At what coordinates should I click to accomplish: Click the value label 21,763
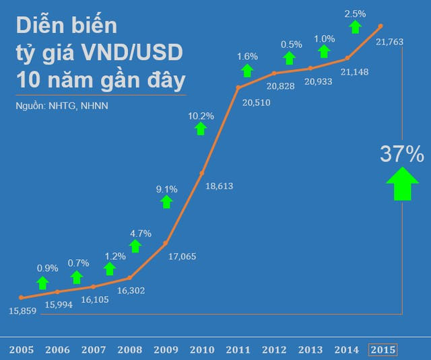coord(391,42)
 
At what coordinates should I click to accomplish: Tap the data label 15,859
coord(23,311)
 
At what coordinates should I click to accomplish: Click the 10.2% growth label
coord(201,116)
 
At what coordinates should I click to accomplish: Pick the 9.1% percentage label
coord(166,189)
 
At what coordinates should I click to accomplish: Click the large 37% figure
coord(401,154)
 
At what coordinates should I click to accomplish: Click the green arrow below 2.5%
coord(355,26)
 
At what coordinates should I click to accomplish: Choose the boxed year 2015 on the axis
coord(383,350)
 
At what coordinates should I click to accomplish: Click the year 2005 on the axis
coord(22,350)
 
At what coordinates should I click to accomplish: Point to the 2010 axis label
coord(202,350)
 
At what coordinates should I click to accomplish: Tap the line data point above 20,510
coord(238,87)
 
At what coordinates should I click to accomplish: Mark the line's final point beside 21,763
coord(381,26)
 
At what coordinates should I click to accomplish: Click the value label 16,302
coord(131,291)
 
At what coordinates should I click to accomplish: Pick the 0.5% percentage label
coord(291,44)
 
